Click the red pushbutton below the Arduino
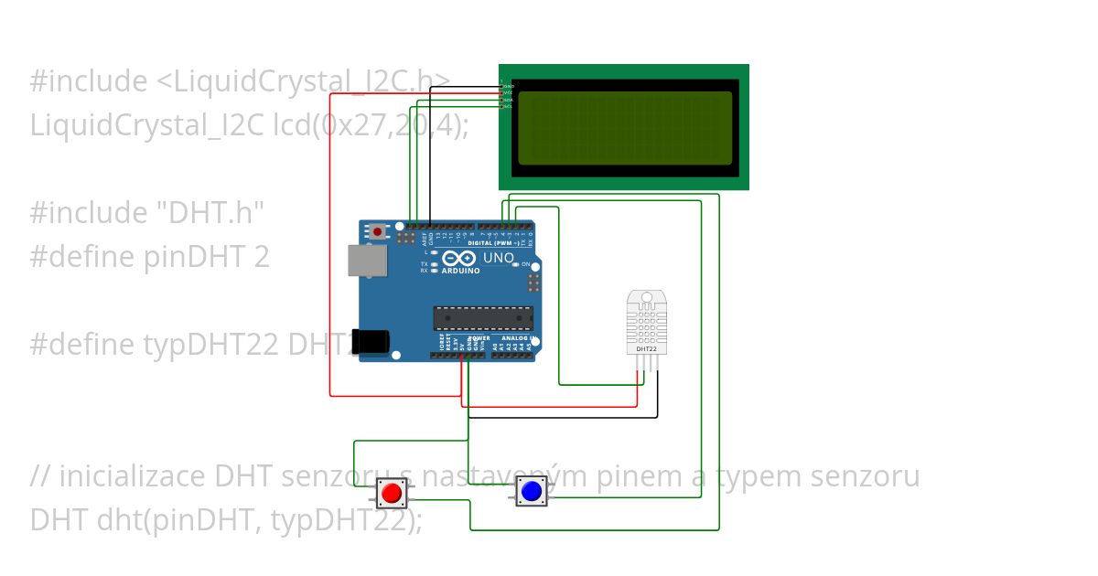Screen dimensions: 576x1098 point(391,494)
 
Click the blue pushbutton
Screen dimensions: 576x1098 point(532,492)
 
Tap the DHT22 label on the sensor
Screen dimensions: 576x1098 point(645,348)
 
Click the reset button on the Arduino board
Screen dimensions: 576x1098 point(378,232)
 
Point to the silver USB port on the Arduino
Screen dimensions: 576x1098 point(367,261)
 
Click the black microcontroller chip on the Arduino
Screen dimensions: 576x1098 point(483,318)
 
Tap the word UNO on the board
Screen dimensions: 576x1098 point(498,259)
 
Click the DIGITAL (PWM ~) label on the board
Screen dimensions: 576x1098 point(494,244)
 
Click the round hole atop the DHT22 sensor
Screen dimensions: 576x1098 point(646,297)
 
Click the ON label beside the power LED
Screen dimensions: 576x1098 point(526,264)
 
